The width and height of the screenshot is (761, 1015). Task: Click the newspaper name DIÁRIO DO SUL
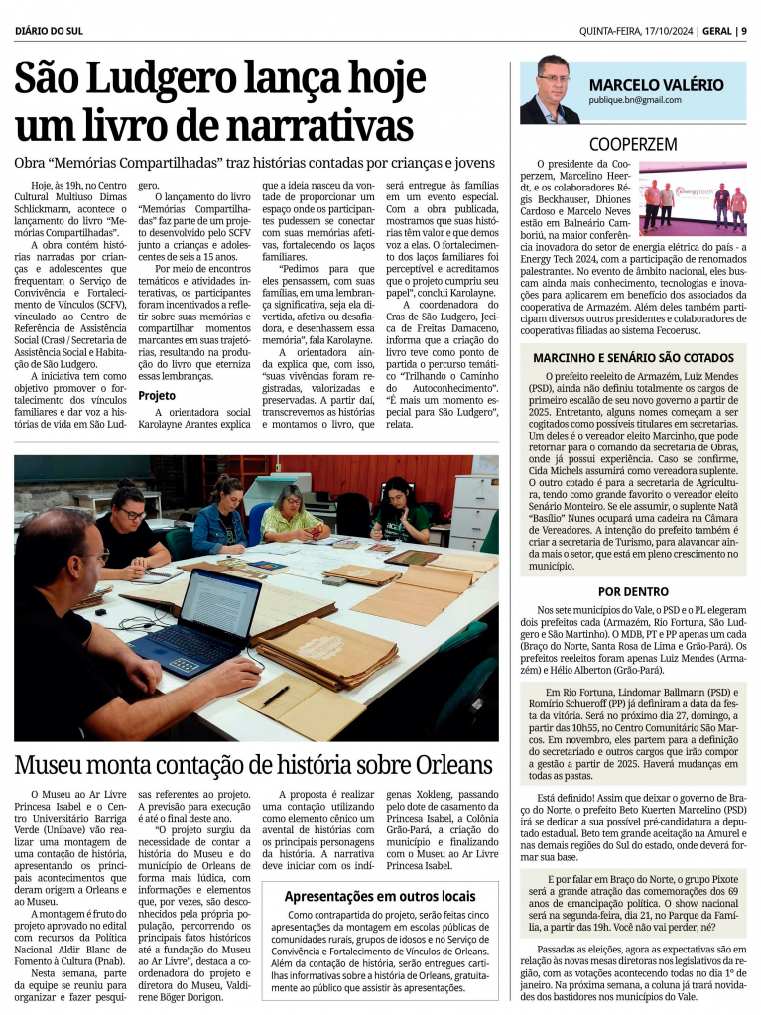coord(49,31)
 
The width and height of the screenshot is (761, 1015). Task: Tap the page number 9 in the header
coord(743,31)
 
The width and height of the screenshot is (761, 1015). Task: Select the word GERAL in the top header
coord(715,31)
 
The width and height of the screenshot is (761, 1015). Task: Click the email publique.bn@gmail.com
coord(635,100)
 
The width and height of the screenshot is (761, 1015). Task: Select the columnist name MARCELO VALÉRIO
coord(656,84)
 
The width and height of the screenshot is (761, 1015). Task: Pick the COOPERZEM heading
coord(633,144)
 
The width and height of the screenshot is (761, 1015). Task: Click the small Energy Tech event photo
coord(692,198)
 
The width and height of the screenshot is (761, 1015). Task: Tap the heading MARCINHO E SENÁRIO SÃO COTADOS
coord(633,357)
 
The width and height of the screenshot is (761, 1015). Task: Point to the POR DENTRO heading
coord(633,591)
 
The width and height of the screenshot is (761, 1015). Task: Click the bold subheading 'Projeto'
coord(157,395)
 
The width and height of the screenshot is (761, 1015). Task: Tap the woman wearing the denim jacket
coord(221,518)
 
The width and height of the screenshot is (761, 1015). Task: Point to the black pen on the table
coord(275,697)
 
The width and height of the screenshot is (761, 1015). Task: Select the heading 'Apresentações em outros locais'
coord(380,896)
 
